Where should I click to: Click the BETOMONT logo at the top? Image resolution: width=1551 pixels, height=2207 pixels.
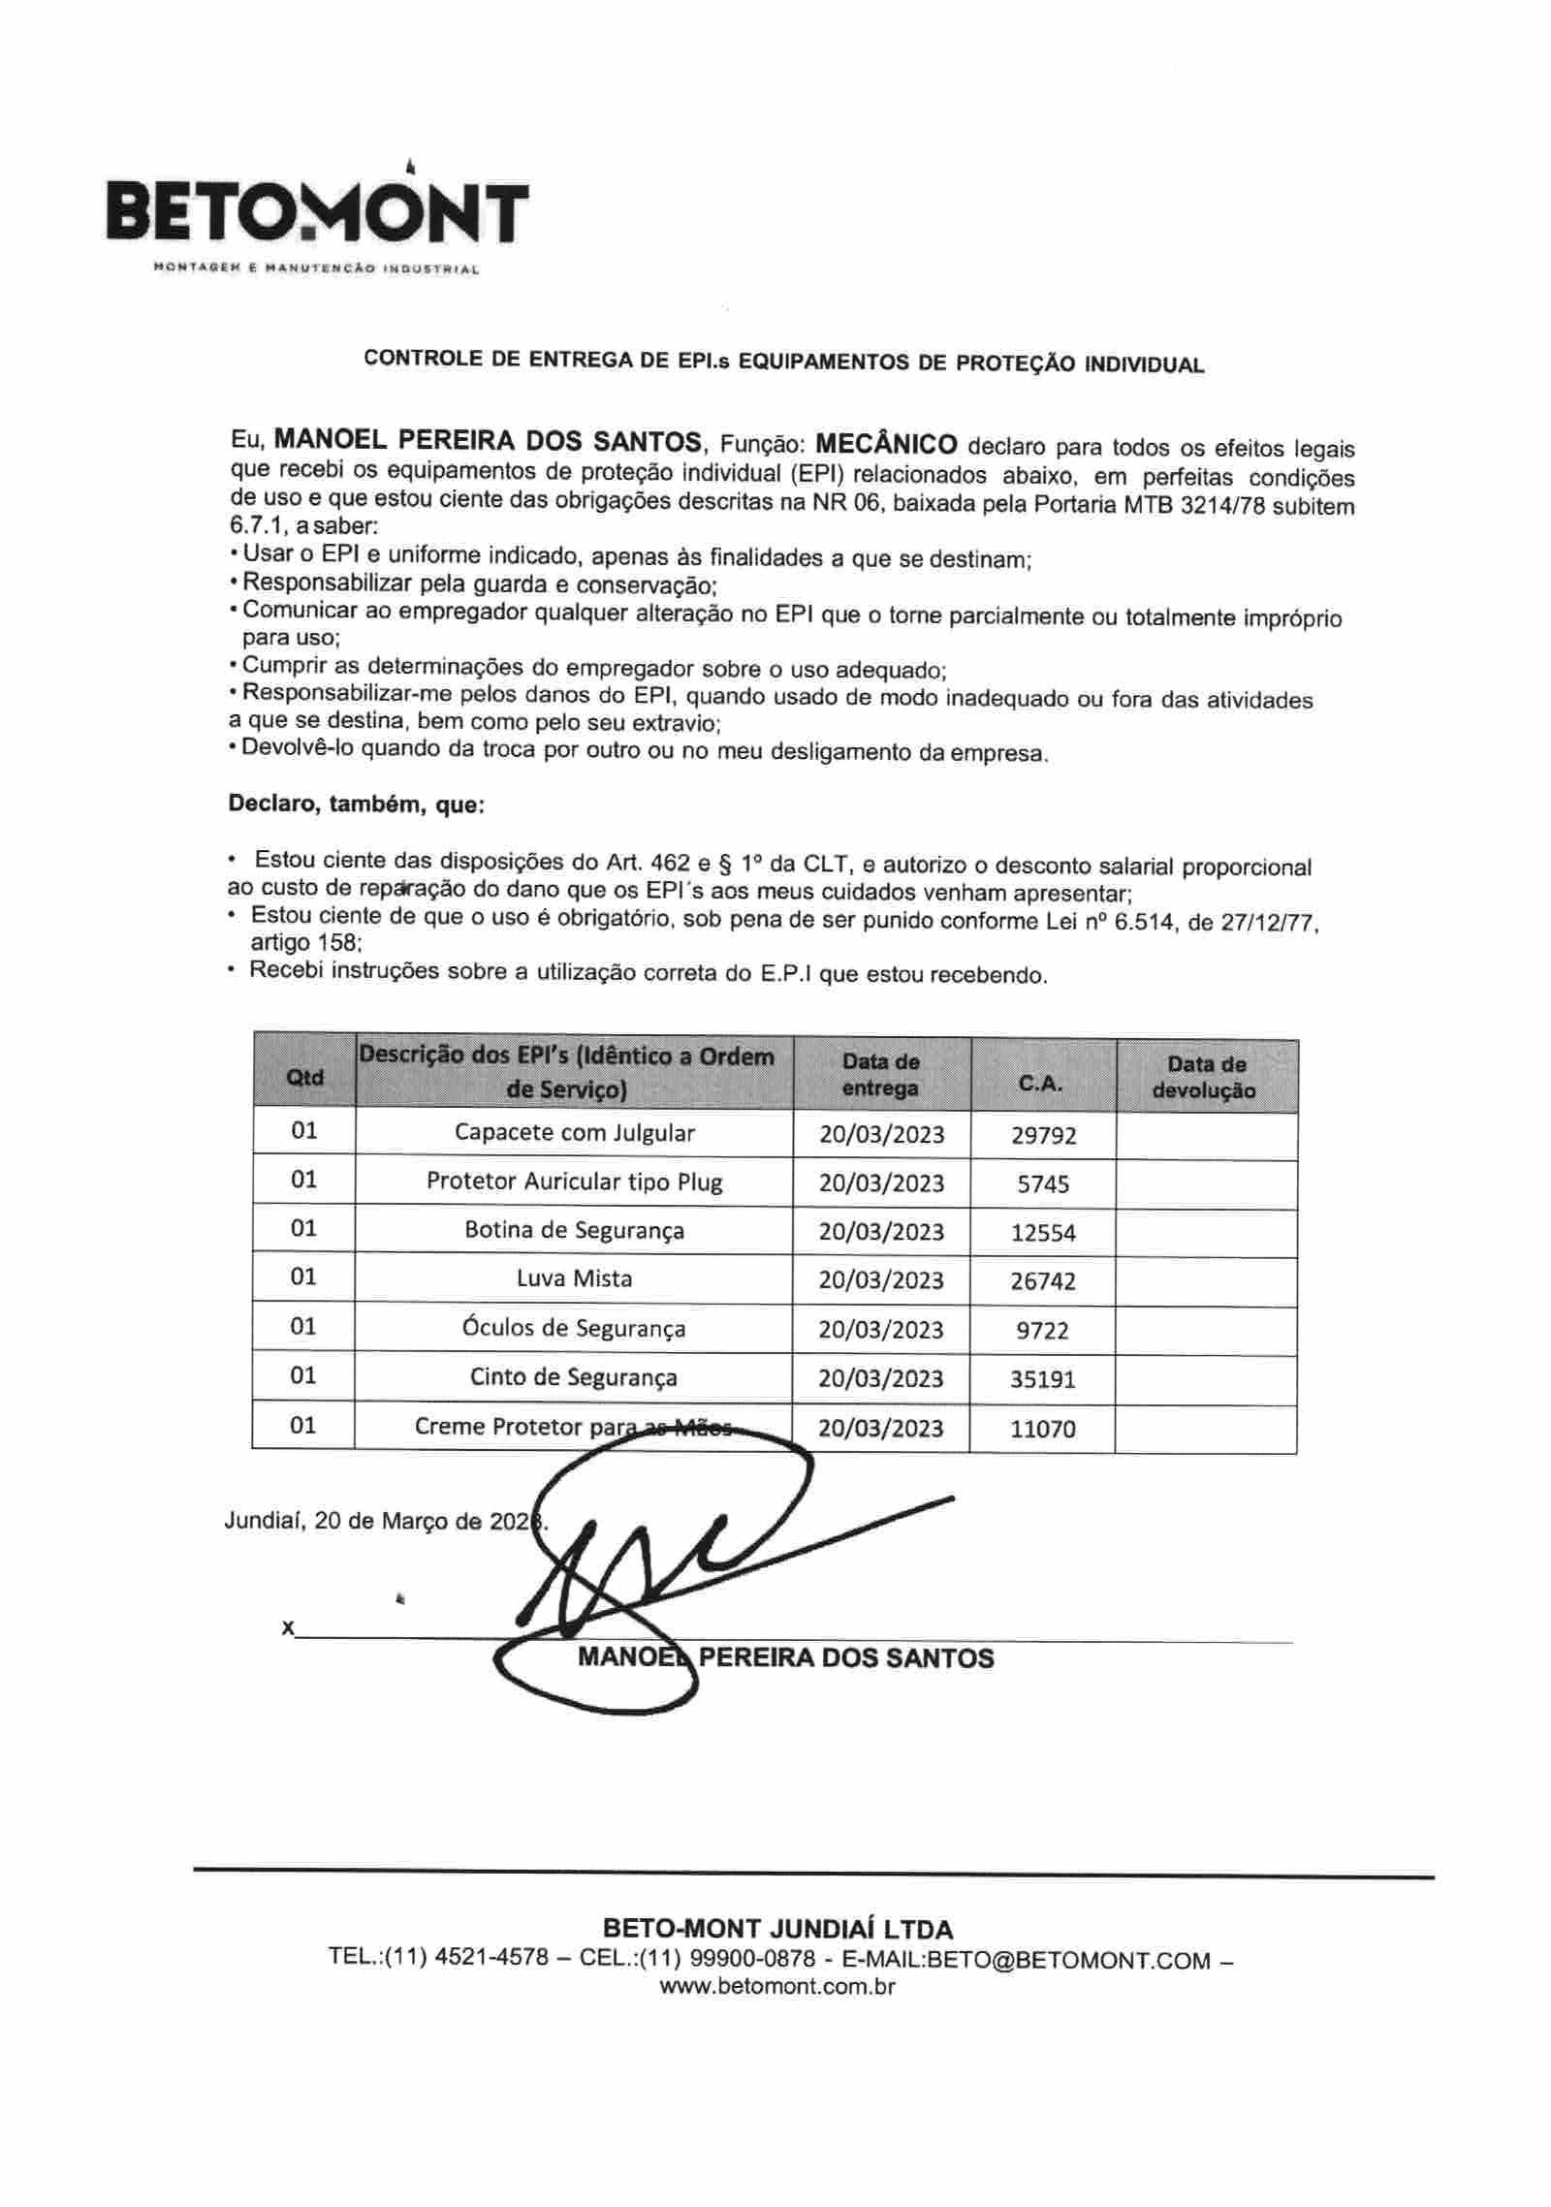click(317, 215)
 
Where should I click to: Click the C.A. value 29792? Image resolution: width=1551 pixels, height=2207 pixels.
click(1043, 1135)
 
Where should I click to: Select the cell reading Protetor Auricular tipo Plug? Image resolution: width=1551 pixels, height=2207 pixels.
click(574, 1182)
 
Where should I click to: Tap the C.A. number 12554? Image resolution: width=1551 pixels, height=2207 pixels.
click(1043, 1233)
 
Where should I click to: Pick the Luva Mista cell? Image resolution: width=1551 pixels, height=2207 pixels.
click(574, 1278)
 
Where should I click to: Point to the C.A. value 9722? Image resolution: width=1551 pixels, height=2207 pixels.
click(1043, 1330)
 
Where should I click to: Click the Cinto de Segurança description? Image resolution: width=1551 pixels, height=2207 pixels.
click(574, 1377)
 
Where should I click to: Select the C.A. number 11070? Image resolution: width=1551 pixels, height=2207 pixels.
click(1043, 1429)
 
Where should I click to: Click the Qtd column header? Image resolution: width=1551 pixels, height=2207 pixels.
click(304, 1077)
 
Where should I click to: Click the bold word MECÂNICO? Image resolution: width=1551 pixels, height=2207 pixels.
click(886, 445)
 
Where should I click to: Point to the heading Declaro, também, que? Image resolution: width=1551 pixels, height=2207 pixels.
click(356, 804)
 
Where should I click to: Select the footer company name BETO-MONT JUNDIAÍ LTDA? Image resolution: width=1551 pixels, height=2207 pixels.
click(777, 1929)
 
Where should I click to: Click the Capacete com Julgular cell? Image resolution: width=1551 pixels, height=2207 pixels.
click(574, 1132)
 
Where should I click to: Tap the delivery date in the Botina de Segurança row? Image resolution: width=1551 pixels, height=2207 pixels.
click(881, 1231)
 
